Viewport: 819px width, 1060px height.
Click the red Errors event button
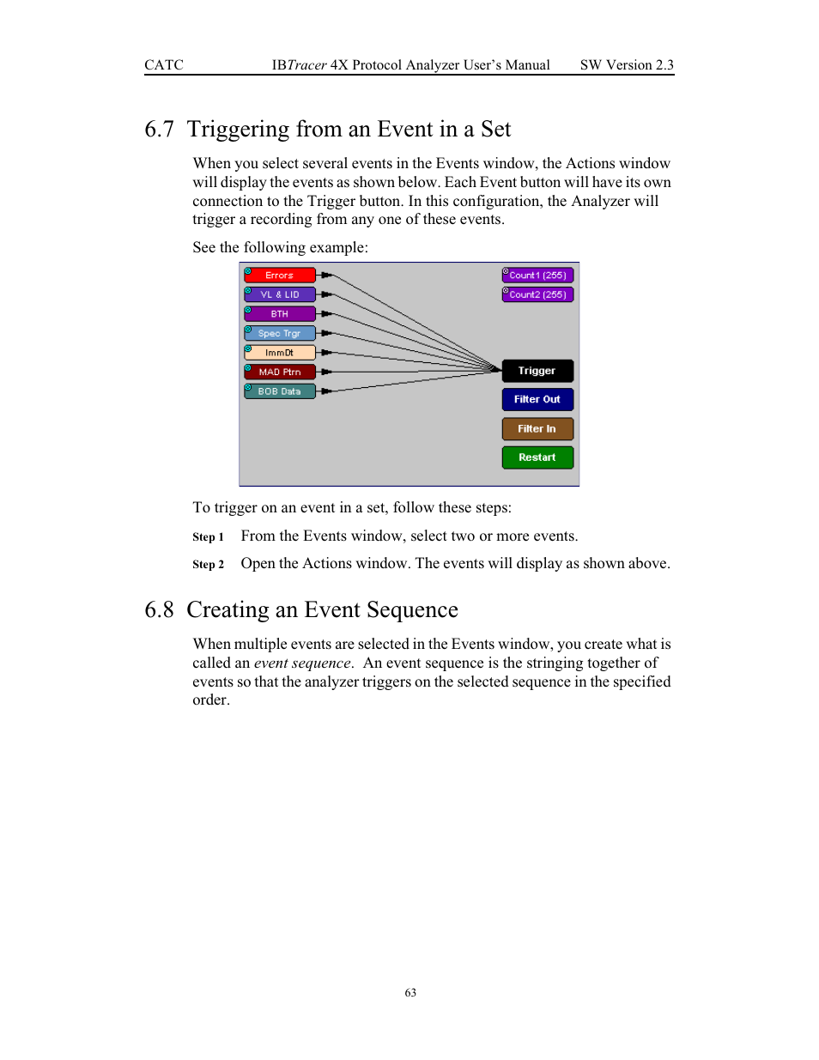pos(280,276)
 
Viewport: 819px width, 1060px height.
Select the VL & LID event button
pos(280,294)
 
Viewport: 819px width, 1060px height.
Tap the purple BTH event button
pos(280,314)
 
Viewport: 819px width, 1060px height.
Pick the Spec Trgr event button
pos(280,333)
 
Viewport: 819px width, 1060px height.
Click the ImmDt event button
pos(280,353)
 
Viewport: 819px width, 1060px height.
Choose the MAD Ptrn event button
pos(280,372)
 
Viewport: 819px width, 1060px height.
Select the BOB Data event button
pos(280,391)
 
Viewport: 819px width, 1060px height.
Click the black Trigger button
pos(537,371)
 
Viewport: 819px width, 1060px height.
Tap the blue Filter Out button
pos(537,399)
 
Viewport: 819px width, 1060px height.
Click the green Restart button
pos(537,457)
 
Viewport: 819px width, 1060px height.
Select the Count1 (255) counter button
pos(537,276)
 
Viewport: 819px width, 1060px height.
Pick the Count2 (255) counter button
pos(537,294)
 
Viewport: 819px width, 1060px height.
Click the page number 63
pos(410,993)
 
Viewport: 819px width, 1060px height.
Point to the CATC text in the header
pos(164,65)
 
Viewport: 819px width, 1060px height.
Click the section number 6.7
pos(159,130)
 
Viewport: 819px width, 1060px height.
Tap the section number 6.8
pos(159,610)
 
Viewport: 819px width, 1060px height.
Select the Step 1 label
pos(208,537)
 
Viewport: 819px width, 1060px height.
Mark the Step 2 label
pos(208,565)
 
